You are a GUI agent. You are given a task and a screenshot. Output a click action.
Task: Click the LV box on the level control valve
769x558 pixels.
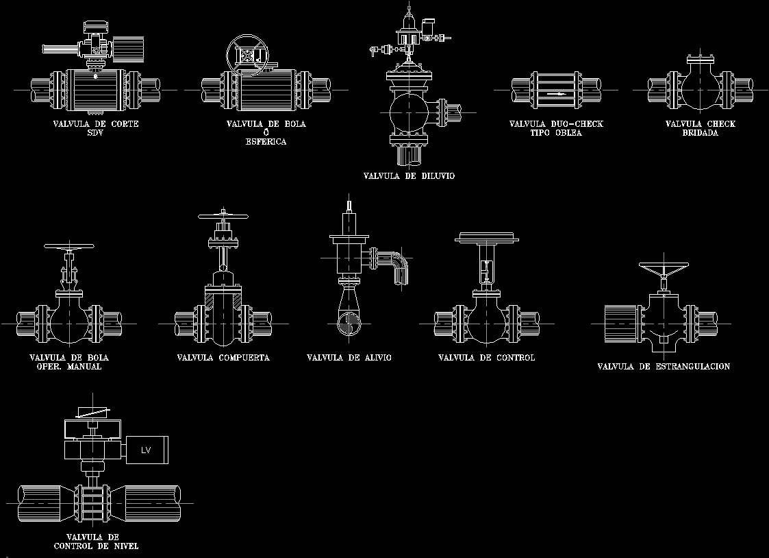click(x=145, y=450)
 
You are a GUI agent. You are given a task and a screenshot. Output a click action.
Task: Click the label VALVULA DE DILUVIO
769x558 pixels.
click(x=409, y=176)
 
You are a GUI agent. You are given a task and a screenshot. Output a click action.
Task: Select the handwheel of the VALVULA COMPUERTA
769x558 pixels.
click(x=223, y=217)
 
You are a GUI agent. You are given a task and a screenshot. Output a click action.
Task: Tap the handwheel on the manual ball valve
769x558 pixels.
click(x=68, y=247)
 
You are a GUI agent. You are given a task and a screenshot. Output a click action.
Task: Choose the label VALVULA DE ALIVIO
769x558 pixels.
click(x=349, y=358)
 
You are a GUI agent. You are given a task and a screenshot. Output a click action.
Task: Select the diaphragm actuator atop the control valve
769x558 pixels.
click(x=486, y=239)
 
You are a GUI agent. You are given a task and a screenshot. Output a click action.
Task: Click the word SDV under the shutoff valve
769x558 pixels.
click(x=95, y=133)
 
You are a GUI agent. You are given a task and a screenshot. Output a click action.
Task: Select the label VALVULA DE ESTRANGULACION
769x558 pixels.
click(x=664, y=367)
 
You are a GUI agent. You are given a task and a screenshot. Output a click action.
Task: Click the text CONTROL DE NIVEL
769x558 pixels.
click(x=96, y=546)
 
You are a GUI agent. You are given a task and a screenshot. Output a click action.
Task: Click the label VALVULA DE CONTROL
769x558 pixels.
click(x=486, y=358)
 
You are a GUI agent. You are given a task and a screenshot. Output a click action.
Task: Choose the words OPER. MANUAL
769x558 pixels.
click(x=68, y=367)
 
